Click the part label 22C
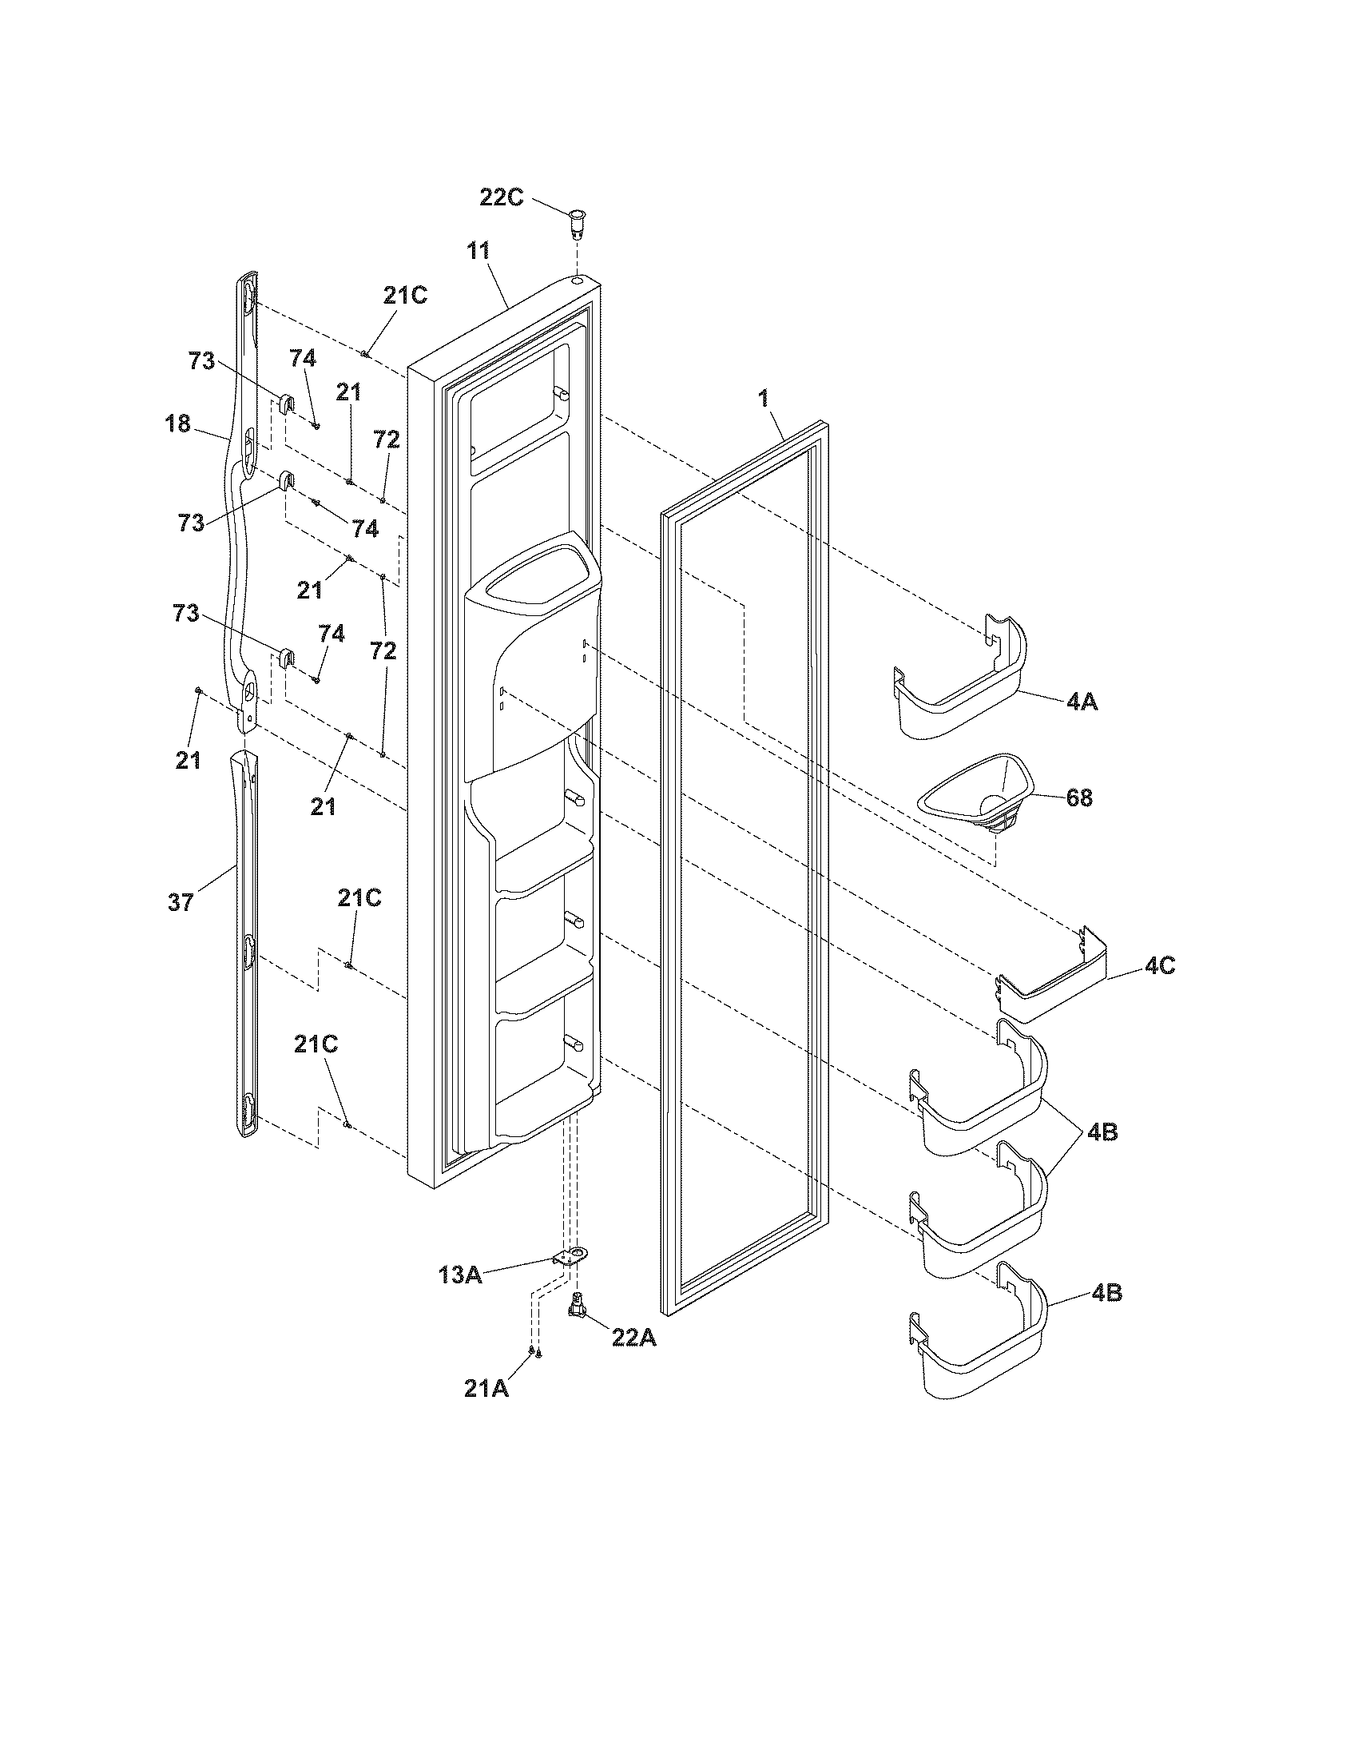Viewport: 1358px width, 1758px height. [x=501, y=197]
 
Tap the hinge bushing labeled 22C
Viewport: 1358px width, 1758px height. [x=577, y=221]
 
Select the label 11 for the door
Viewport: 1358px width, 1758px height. [x=478, y=249]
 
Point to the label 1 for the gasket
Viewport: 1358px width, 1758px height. [x=764, y=397]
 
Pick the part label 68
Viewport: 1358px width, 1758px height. [x=1079, y=797]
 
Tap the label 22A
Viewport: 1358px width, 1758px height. [x=634, y=1337]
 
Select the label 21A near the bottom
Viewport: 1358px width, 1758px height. [x=486, y=1389]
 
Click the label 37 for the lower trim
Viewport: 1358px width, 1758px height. [x=181, y=902]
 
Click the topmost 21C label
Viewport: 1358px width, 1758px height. [x=405, y=296]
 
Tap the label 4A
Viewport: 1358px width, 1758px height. [x=1082, y=702]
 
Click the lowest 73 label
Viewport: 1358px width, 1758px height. [x=186, y=614]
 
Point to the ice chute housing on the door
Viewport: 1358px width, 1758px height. [x=532, y=652]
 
